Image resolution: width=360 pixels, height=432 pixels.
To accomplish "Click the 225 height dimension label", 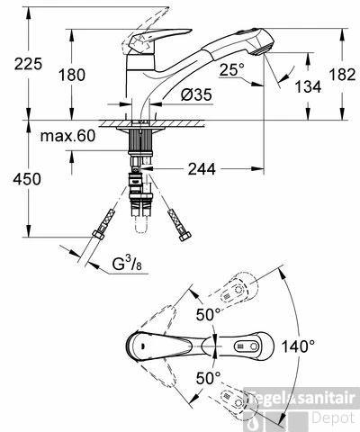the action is (x=29, y=64).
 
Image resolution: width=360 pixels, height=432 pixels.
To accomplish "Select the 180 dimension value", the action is (x=72, y=75).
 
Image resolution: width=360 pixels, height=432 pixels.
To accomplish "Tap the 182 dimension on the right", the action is (x=342, y=75).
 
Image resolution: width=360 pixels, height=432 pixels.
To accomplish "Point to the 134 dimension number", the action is (x=308, y=87).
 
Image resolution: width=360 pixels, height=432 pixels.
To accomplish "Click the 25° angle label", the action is (x=232, y=70).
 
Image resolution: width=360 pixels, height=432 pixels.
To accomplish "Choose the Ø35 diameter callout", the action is (x=196, y=95).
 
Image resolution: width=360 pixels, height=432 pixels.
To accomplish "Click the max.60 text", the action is (x=67, y=136).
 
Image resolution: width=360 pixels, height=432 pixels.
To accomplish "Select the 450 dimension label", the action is (x=27, y=179).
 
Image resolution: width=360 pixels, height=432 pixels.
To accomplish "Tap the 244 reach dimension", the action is (x=202, y=169).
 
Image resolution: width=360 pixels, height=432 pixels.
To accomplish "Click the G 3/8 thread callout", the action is (x=127, y=264).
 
